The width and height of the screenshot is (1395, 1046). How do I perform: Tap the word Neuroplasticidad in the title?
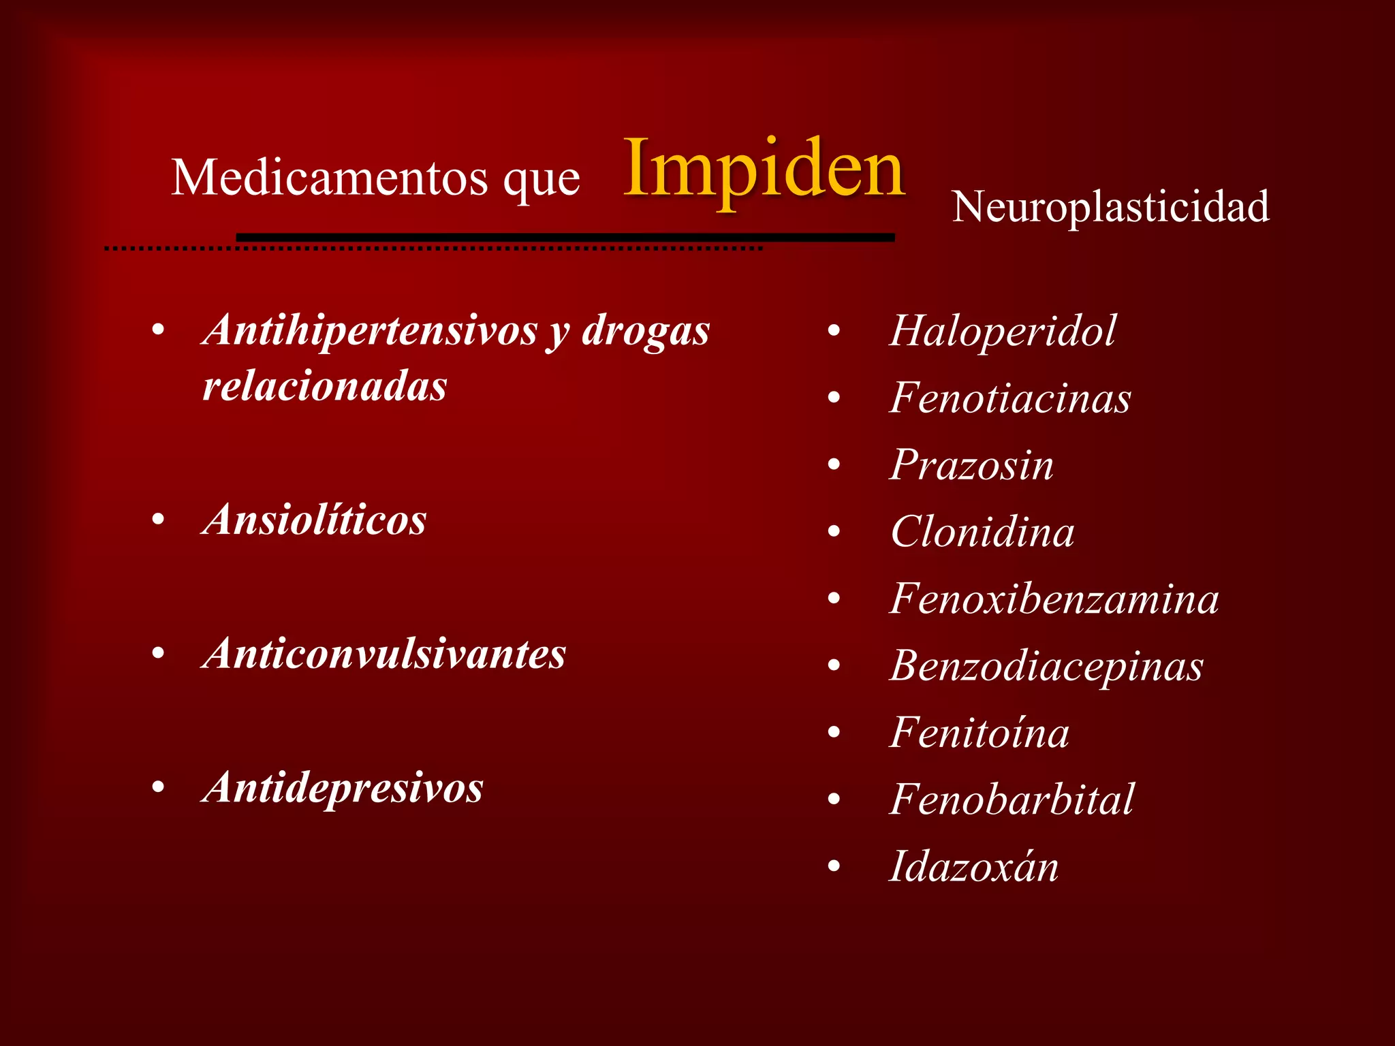coord(1110,206)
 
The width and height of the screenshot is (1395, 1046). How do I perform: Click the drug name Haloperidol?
coord(1003,331)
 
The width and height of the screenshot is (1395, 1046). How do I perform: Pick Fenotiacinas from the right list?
coord(1010,398)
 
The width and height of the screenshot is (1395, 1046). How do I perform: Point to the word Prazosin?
coord(971,465)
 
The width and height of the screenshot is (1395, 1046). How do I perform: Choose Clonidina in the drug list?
coord(982,532)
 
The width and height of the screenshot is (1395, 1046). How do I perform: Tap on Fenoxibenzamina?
coord(1054,599)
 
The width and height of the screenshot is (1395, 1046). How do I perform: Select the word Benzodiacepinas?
coord(1046,666)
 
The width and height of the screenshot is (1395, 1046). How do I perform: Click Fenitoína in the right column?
coord(979,733)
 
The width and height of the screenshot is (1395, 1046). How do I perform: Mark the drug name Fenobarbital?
coord(1012,799)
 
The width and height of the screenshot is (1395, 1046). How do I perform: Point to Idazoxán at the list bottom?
coord(974,867)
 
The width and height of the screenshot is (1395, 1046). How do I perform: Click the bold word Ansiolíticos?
coord(315,520)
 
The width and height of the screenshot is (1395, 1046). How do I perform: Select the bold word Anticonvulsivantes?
coord(384,654)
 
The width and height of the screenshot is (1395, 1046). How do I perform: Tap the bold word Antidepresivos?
coord(343,788)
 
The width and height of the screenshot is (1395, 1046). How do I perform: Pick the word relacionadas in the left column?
coord(325,387)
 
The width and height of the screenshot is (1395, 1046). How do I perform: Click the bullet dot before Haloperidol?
coord(834,332)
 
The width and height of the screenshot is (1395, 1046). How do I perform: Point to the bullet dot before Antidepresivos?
coord(159,789)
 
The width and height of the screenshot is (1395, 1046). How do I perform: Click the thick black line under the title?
coord(565,237)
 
